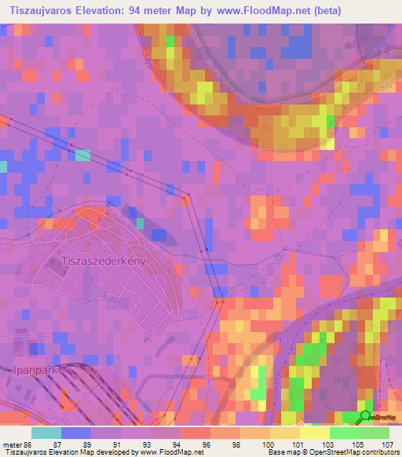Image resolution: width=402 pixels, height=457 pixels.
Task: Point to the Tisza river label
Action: pyautogui.click(x=287, y=342)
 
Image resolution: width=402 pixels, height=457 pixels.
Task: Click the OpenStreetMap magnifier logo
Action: pyautogui.click(x=366, y=416)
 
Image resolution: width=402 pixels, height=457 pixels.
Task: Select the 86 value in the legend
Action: pyautogui.click(x=27, y=445)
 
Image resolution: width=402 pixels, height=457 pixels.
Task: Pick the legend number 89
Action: pyautogui.click(x=86, y=445)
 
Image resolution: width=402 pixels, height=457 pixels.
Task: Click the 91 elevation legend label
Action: pyautogui.click(x=117, y=445)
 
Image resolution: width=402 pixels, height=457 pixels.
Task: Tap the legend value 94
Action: pyautogui.click(x=177, y=445)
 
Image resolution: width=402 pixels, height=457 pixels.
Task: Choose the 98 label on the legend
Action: pyautogui.click(x=236, y=445)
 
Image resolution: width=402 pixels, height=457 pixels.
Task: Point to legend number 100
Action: pyautogui.click(x=267, y=445)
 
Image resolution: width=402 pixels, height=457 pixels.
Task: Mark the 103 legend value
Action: pyautogui.click(x=327, y=445)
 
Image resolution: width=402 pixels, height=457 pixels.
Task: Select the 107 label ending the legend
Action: pyautogui.click(x=385, y=445)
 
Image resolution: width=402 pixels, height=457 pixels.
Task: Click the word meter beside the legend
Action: pyautogui.click(x=11, y=445)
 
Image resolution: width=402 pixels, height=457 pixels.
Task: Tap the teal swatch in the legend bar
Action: pyautogui.click(x=46, y=433)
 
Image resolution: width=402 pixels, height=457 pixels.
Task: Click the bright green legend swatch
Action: pyautogui.click(x=344, y=433)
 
